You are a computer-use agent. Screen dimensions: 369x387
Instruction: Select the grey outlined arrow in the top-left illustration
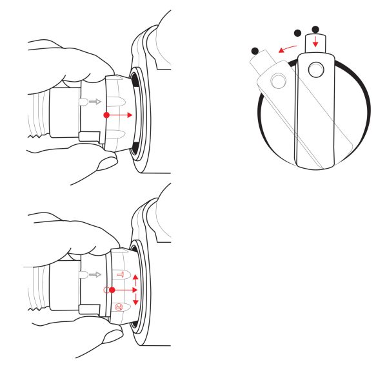point(94,101)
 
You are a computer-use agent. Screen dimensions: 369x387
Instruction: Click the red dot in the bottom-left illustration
point(112,290)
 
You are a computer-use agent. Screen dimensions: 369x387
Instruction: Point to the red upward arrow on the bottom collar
point(135,278)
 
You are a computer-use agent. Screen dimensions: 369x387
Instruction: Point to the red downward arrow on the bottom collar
point(135,303)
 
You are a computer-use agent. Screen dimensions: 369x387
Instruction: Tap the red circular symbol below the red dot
point(120,307)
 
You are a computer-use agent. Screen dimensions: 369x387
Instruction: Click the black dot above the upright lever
point(315,29)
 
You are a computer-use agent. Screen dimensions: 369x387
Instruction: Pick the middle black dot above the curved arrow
point(297,33)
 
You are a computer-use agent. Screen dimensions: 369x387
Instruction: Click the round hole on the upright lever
point(315,69)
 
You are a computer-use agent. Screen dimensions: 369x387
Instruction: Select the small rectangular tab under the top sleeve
point(88,136)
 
